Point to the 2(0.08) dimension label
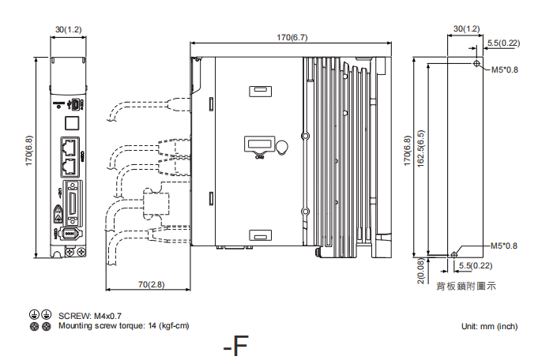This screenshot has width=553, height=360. [421, 271]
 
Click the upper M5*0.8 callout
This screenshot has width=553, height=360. [504, 70]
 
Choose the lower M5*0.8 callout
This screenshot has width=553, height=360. [504, 246]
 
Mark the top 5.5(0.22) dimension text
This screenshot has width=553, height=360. [503, 43]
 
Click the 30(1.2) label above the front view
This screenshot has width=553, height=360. [68, 29]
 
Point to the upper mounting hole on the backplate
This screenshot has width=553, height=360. [476, 63]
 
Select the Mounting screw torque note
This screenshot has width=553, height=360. [123, 325]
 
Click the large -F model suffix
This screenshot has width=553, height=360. [235, 346]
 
